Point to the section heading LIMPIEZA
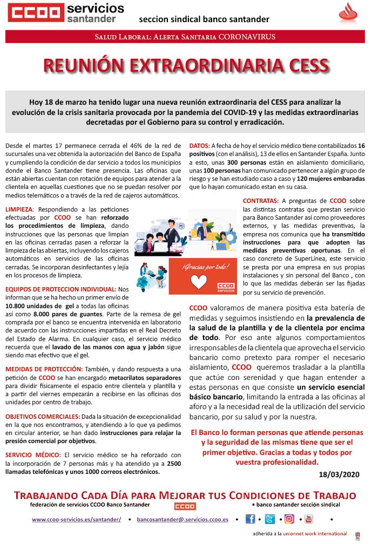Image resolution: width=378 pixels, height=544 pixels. click(19, 209)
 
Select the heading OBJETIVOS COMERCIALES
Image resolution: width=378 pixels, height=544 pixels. click(43, 417)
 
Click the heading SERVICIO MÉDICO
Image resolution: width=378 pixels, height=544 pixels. click(33, 455)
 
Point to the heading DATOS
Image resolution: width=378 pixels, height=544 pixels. click(199, 146)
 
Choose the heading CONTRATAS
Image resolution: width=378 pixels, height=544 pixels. click(261, 201)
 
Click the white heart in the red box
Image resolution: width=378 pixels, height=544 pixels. click(199, 282)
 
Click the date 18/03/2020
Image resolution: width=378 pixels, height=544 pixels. click(339, 474)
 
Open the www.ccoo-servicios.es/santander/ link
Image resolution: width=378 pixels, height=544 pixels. click(76, 519)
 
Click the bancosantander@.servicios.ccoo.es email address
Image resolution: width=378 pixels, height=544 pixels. click(183, 519)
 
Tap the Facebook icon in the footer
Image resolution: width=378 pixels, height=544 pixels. click(250, 519)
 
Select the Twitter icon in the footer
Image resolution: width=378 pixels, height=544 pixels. click(269, 519)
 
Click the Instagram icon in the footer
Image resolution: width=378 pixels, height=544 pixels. click(289, 519)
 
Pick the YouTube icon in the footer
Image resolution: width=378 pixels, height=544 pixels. click(308, 519)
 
